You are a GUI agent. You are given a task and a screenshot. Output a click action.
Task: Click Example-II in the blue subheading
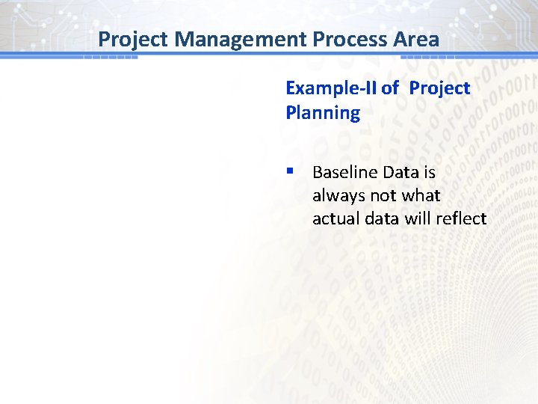click(331, 88)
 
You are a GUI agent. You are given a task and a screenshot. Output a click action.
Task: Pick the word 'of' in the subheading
click(390, 88)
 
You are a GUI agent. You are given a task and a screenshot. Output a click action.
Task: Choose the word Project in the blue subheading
click(439, 88)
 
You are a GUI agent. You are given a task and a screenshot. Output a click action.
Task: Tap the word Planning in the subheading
click(323, 113)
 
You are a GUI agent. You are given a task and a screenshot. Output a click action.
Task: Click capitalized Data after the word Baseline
click(401, 172)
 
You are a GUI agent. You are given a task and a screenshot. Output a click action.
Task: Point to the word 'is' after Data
click(429, 172)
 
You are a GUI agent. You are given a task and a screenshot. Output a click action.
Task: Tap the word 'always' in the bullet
click(335, 195)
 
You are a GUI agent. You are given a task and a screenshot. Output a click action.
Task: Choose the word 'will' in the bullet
click(417, 218)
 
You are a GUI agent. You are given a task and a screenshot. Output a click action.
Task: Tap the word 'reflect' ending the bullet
click(460, 218)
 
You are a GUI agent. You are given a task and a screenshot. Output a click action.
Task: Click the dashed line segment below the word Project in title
click(110, 58)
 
